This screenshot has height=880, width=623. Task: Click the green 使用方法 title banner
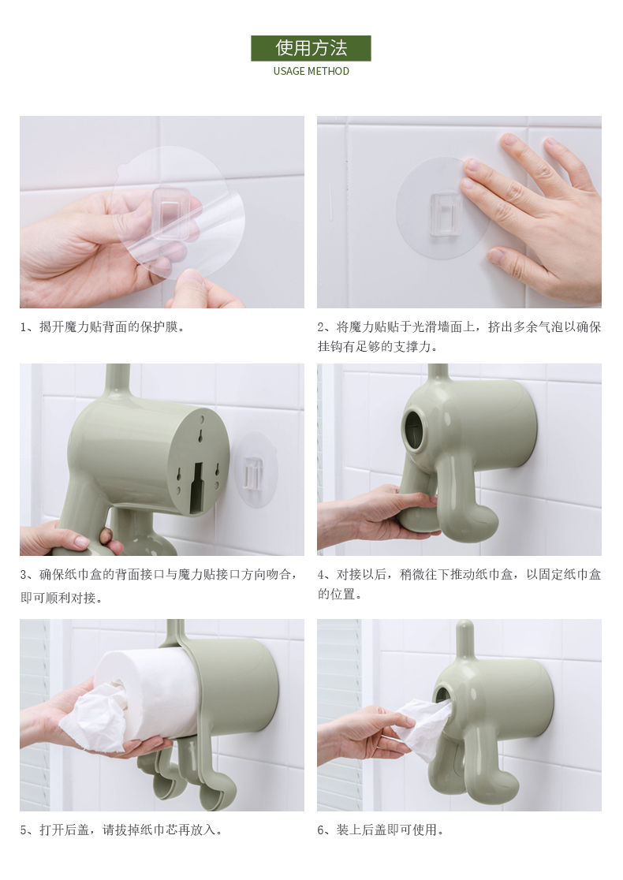311,48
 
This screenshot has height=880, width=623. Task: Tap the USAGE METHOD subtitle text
311,71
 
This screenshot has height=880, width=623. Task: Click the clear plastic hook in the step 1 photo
170,214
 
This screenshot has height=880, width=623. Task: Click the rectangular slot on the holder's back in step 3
197,487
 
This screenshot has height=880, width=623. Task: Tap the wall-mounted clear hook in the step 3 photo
254,471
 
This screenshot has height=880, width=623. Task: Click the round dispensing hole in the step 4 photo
416,431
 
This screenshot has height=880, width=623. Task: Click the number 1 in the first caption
24,327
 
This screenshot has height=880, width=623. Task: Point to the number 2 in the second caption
321,327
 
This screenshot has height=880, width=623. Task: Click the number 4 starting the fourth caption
321,575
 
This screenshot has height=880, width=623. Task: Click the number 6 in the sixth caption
321,830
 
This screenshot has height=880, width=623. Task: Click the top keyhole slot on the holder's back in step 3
200,434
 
